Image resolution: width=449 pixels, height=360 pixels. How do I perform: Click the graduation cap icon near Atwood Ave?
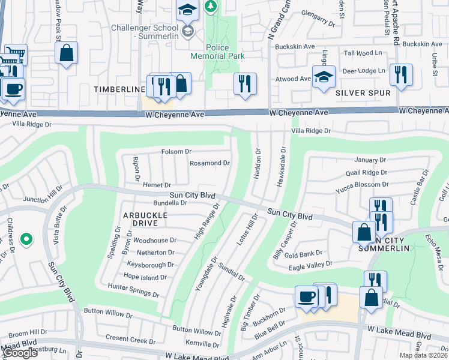tap(324, 77)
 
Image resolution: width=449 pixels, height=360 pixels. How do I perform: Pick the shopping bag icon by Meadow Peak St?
tap(66, 52)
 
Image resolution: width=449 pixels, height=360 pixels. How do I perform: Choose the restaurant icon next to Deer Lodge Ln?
tap(400, 75)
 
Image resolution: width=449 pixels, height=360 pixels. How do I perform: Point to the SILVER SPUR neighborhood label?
tap(363, 93)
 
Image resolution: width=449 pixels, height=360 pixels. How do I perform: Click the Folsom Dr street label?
tap(176, 152)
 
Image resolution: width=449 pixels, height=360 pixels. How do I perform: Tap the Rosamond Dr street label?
tap(209, 163)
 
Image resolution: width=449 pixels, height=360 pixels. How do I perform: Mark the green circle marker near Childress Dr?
tap(25, 240)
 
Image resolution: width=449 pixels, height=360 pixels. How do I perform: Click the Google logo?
tap(19, 353)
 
